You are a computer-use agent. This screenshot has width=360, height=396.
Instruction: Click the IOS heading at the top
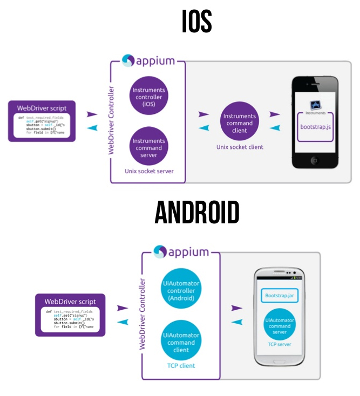[196, 22]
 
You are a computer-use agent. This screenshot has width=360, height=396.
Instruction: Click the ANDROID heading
[196, 213]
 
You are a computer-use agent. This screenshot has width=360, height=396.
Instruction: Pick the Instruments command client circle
[239, 123]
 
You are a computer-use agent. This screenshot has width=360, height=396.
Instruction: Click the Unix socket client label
[239, 147]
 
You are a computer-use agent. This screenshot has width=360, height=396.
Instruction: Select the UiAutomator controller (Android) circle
[181, 290]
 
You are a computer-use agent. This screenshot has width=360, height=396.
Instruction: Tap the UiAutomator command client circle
[181, 342]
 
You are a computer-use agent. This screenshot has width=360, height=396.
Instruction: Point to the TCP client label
[181, 366]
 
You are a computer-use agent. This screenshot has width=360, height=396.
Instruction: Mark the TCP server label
[280, 344]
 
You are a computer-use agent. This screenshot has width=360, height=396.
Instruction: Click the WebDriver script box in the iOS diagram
[42, 120]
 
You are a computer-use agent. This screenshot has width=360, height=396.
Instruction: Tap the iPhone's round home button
[316, 160]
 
